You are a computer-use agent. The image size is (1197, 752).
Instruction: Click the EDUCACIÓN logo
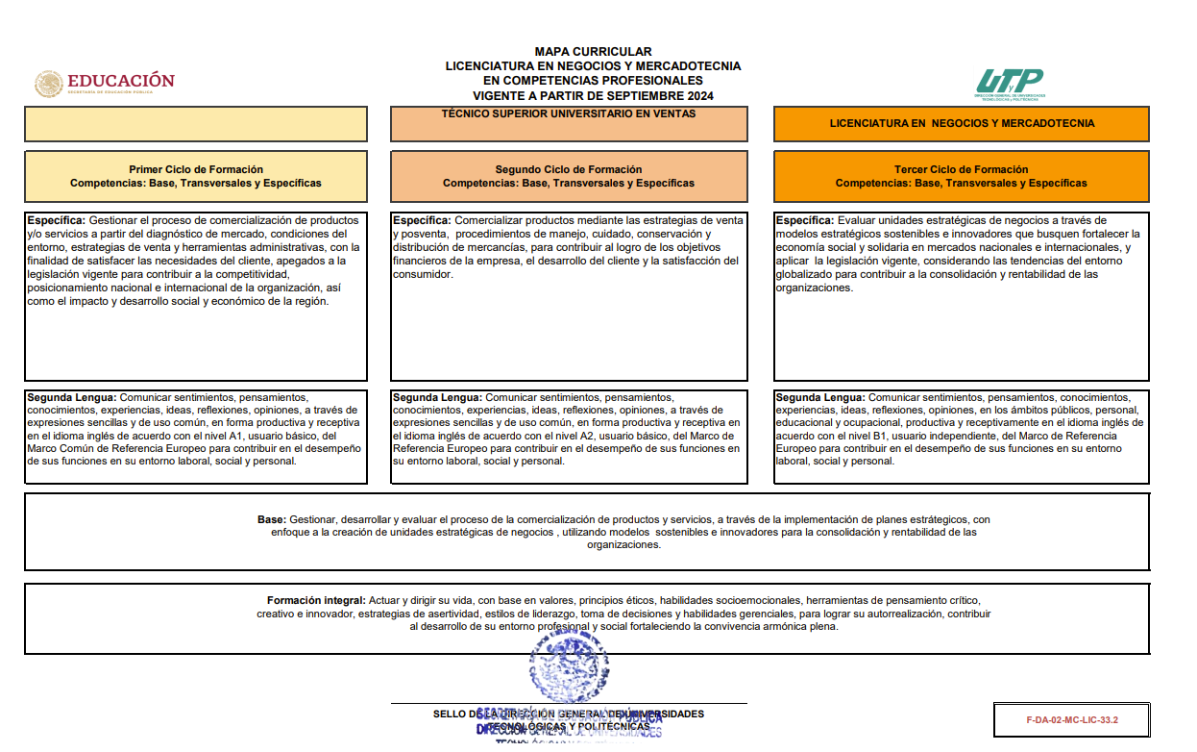point(106,84)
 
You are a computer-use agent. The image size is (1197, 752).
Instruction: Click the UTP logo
point(1010,83)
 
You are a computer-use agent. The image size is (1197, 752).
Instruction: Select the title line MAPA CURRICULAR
point(593,52)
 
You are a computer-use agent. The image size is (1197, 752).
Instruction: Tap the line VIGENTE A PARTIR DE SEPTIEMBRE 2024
point(593,96)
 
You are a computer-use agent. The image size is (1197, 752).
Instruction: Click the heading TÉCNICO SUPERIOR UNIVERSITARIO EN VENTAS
point(568,113)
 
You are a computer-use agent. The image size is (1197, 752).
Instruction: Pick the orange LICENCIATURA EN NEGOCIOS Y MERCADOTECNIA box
point(962,123)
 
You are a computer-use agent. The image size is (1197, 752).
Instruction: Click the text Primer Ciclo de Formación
point(196,169)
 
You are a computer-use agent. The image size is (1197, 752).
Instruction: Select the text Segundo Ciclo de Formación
point(569,169)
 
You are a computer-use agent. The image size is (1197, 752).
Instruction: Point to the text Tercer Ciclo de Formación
point(961,169)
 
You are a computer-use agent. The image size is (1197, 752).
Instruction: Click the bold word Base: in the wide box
point(271,519)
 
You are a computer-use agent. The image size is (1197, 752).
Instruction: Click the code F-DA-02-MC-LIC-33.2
point(1072,718)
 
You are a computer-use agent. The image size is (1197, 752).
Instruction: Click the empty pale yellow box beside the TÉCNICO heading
point(196,124)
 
